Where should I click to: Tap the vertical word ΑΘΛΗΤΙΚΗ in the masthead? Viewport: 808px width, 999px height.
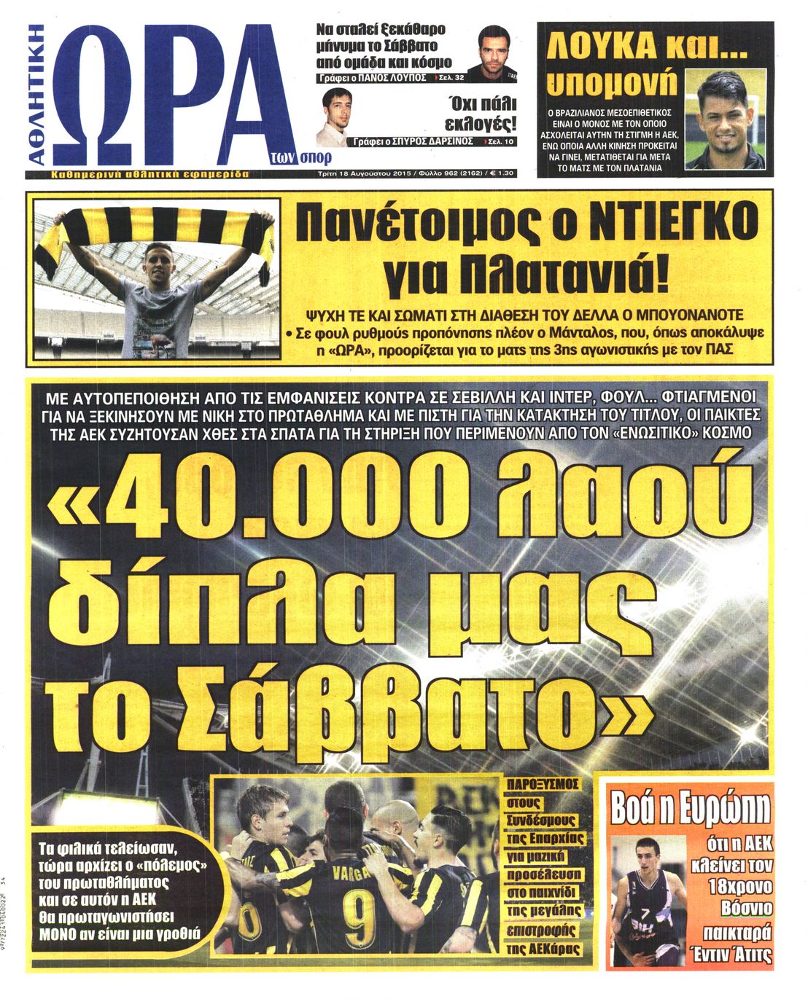[x=38, y=95]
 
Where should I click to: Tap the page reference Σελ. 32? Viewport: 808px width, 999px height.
[x=451, y=77]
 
